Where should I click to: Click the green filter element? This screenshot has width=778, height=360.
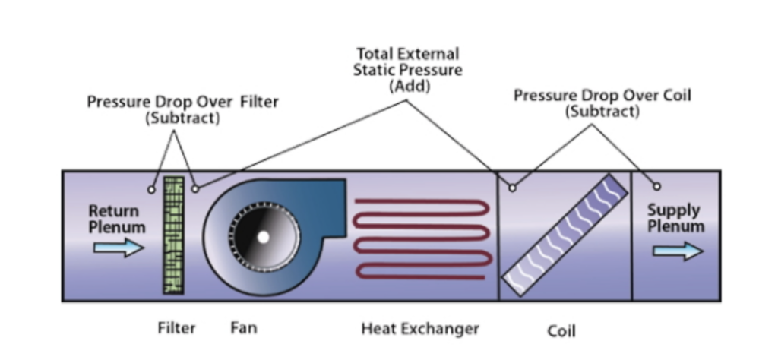coord(175,235)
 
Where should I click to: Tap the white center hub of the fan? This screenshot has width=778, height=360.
coord(263,237)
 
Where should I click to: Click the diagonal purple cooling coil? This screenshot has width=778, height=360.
coord(565,235)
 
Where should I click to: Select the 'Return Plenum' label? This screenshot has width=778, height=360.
coord(117,218)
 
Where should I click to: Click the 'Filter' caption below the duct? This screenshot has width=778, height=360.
coord(176,328)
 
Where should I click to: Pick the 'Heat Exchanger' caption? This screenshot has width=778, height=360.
coord(420,328)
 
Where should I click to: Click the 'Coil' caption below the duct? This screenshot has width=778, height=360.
coord(561,330)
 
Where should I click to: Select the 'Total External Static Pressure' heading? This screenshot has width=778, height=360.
coord(409,62)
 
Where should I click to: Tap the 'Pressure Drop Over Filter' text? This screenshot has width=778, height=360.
coord(182,103)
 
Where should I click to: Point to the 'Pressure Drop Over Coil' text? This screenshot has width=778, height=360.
coord(602,96)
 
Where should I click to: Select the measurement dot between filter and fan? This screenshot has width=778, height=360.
coord(196,188)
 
